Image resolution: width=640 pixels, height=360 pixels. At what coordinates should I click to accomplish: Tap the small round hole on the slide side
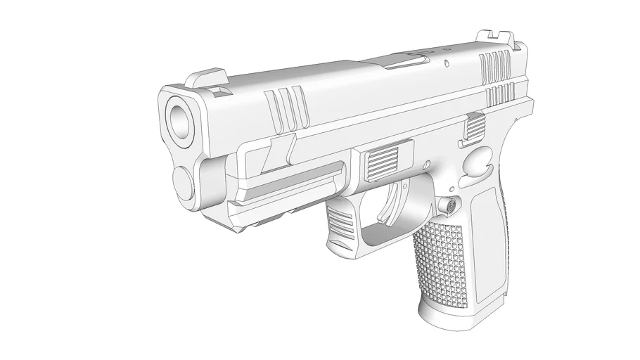(447, 63)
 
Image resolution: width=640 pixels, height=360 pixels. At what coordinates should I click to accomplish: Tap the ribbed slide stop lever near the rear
(475, 127)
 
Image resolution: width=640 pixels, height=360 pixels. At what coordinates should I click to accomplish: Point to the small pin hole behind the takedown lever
(426, 163)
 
